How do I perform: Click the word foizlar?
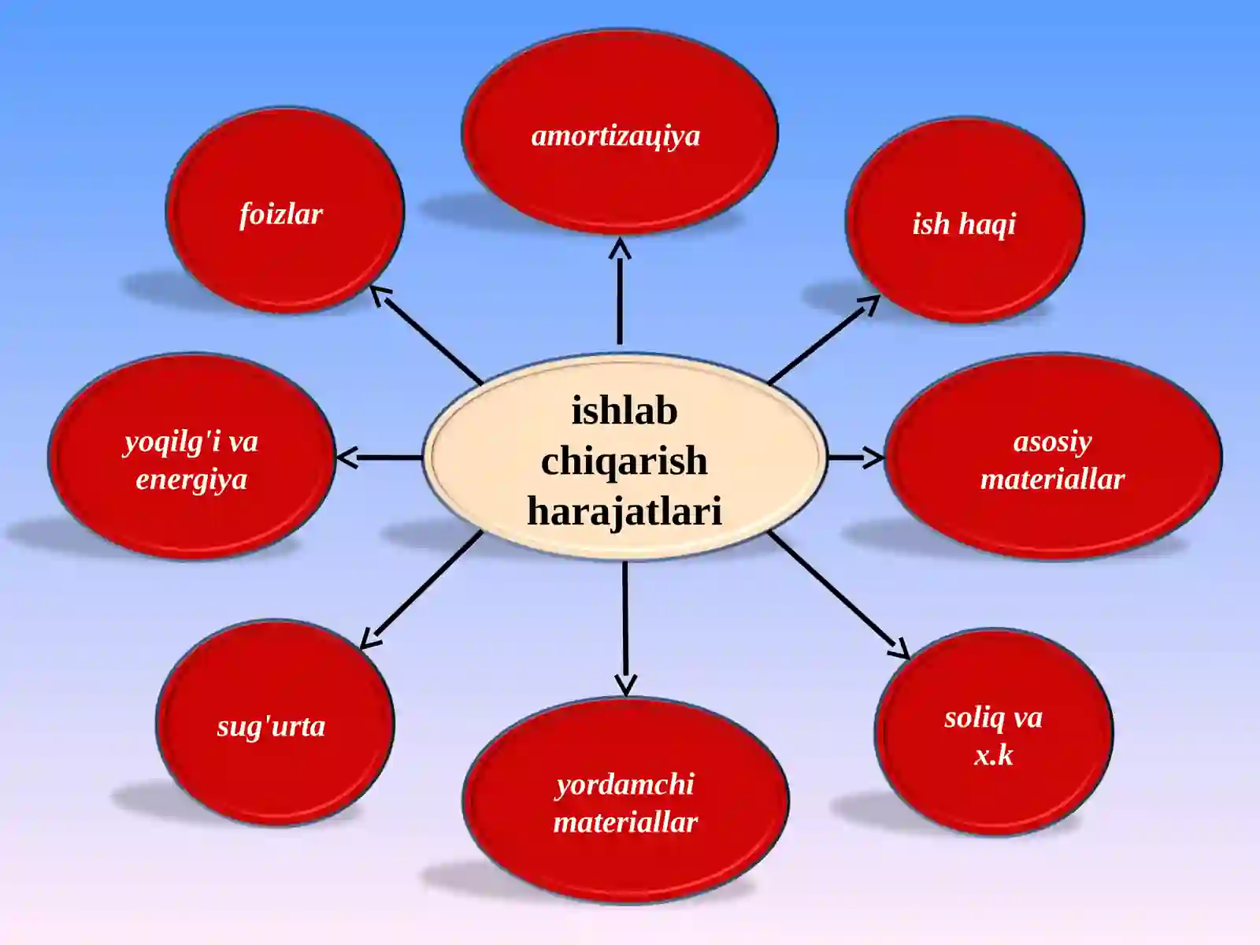pos(280,215)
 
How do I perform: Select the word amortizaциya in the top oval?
pos(615,136)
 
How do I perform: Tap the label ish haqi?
pos(964,224)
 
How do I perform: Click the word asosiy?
pos(1052,443)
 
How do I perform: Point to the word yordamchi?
pos(624,785)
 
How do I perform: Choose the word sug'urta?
pos(271,727)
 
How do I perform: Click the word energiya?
pos(191,480)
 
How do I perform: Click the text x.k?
pos(994,755)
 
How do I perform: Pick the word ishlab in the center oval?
pos(624,411)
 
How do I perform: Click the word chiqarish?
pos(624,461)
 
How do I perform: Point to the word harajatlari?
pos(624,510)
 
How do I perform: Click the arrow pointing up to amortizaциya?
pos(620,291)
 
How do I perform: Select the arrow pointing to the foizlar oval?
pos(426,335)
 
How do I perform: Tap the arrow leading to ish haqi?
pos(824,339)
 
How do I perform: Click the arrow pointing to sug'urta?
pos(421,591)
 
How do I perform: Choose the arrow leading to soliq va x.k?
pos(839,595)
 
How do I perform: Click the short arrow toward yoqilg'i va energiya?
pos(379,458)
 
